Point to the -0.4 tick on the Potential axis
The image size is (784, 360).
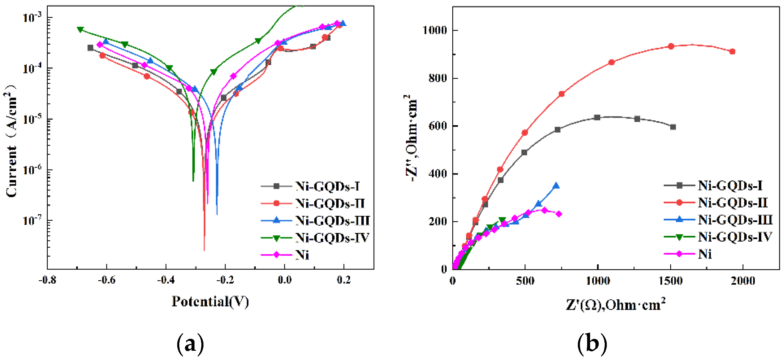click(x=166, y=280)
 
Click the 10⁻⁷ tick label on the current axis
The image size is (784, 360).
click(x=33, y=220)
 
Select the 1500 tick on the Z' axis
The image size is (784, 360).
click(x=670, y=281)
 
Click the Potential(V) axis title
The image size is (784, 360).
click(x=210, y=301)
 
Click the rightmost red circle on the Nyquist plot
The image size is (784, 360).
click(x=732, y=51)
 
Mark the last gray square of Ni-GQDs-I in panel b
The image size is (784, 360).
click(x=673, y=127)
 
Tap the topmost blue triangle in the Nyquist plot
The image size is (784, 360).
click(x=556, y=186)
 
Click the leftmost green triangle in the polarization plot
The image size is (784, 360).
click(x=80, y=30)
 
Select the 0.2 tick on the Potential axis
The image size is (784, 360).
click(x=344, y=280)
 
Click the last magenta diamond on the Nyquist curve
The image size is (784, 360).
click(x=559, y=214)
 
